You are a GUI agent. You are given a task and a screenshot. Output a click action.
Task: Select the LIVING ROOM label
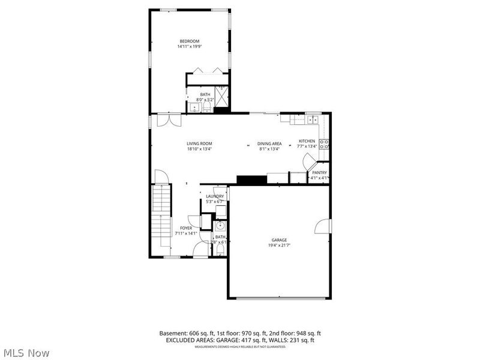[199, 143]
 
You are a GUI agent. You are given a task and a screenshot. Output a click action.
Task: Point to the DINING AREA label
[269, 143]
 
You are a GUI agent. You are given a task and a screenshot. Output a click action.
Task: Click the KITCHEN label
[307, 142]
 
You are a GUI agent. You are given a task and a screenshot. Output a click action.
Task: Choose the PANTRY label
[319, 173]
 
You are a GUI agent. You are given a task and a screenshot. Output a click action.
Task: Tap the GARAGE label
[278, 240]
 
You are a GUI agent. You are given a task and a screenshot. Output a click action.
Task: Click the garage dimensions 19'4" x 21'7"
[278, 245]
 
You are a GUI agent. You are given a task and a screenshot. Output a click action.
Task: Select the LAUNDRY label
[215, 196]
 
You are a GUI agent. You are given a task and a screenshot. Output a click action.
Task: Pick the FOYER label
[186, 228]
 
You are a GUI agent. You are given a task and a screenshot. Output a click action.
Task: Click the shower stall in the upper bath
[222, 95]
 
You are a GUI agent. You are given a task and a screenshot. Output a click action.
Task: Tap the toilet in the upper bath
[207, 107]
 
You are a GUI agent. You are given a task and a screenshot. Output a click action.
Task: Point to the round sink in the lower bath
[220, 226]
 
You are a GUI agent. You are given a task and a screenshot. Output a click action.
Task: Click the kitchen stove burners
[324, 143]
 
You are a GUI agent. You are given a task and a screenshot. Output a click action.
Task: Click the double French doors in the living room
[164, 120]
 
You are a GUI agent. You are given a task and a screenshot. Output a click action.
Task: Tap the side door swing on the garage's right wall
[323, 226]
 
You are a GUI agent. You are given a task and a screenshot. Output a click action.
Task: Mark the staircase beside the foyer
[161, 216]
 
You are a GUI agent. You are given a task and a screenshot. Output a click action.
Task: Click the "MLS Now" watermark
[26, 353]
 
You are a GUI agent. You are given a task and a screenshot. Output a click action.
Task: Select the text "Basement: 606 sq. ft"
[184, 333]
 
